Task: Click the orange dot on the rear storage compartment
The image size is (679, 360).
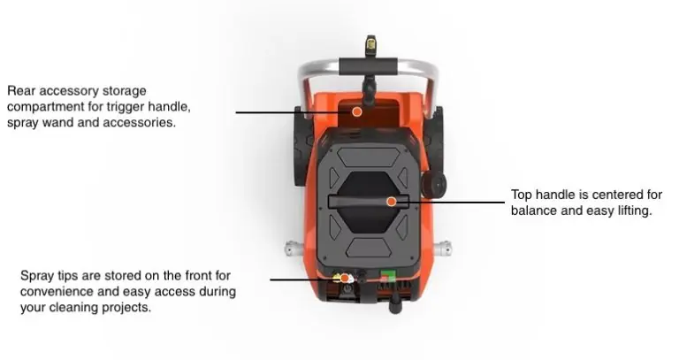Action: [357, 111]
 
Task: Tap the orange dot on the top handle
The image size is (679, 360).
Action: [391, 202]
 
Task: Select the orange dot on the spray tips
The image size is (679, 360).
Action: [345, 278]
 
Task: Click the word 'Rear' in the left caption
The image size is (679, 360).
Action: [21, 91]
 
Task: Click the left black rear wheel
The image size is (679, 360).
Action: [301, 146]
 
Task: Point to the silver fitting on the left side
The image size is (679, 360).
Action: [293, 249]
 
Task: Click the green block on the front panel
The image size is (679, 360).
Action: [388, 276]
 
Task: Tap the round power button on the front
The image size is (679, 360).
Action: [347, 288]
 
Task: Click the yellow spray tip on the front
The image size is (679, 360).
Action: [336, 277]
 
